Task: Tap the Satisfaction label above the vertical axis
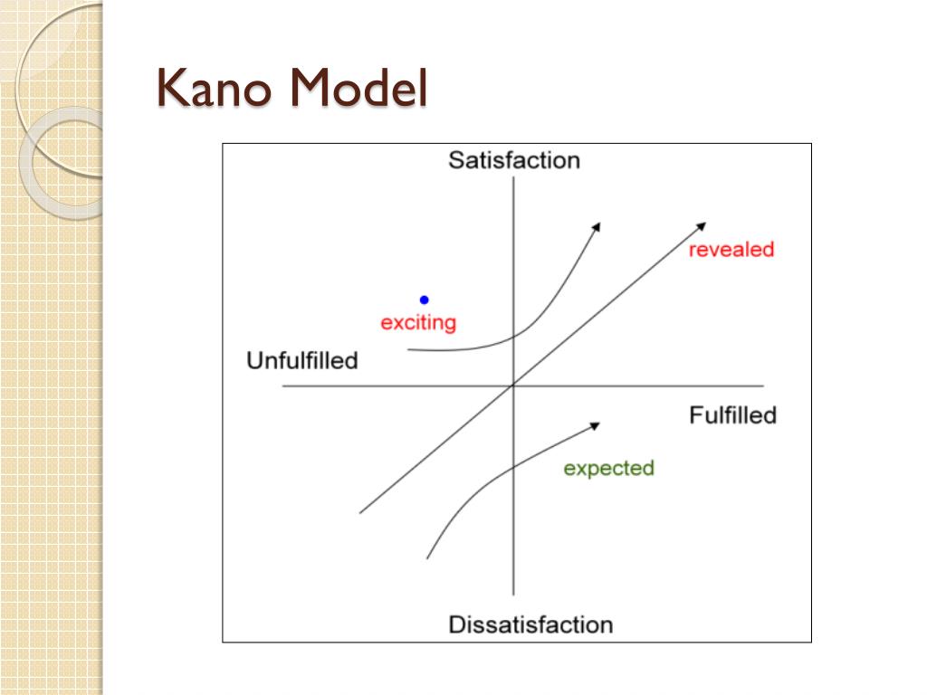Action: pyautogui.click(x=513, y=161)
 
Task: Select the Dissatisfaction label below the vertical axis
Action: pyautogui.click(x=530, y=624)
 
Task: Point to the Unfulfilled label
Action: pyautogui.click(x=302, y=360)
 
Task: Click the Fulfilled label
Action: pyautogui.click(x=732, y=415)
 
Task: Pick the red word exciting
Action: pyautogui.click(x=418, y=322)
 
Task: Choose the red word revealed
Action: pyautogui.click(x=731, y=250)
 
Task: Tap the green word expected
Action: pyautogui.click(x=608, y=468)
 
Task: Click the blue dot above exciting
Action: pyautogui.click(x=424, y=300)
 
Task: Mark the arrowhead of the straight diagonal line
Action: pyautogui.click(x=702, y=224)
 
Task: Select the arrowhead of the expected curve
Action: pyautogui.click(x=597, y=424)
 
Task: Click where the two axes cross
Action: pyautogui.click(x=513, y=386)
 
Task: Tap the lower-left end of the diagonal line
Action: pyautogui.click(x=360, y=513)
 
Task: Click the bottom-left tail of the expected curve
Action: pyautogui.click(x=427, y=557)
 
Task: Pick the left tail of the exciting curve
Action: pyautogui.click(x=409, y=348)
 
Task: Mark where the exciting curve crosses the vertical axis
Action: pyautogui.click(x=513, y=336)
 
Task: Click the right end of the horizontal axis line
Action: pyautogui.click(x=763, y=386)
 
